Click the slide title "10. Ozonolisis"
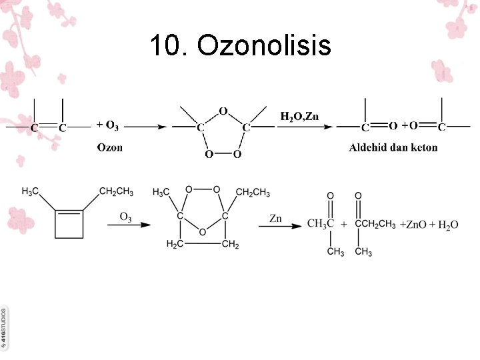point(240,46)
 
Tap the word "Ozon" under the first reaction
point(110,147)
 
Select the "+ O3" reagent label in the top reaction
point(108,125)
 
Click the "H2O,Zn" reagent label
point(299,117)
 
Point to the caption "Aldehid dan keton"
point(393,147)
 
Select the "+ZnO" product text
point(414,225)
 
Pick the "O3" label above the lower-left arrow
point(125,217)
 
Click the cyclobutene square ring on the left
point(69,223)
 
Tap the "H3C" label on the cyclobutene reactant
point(31,193)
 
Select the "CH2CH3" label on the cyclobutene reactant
point(116,193)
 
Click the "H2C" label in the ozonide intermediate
point(174,245)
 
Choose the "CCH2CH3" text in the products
point(376,224)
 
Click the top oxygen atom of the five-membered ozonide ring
point(223,111)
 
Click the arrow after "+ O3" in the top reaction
point(144,126)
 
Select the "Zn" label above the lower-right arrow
point(275,217)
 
